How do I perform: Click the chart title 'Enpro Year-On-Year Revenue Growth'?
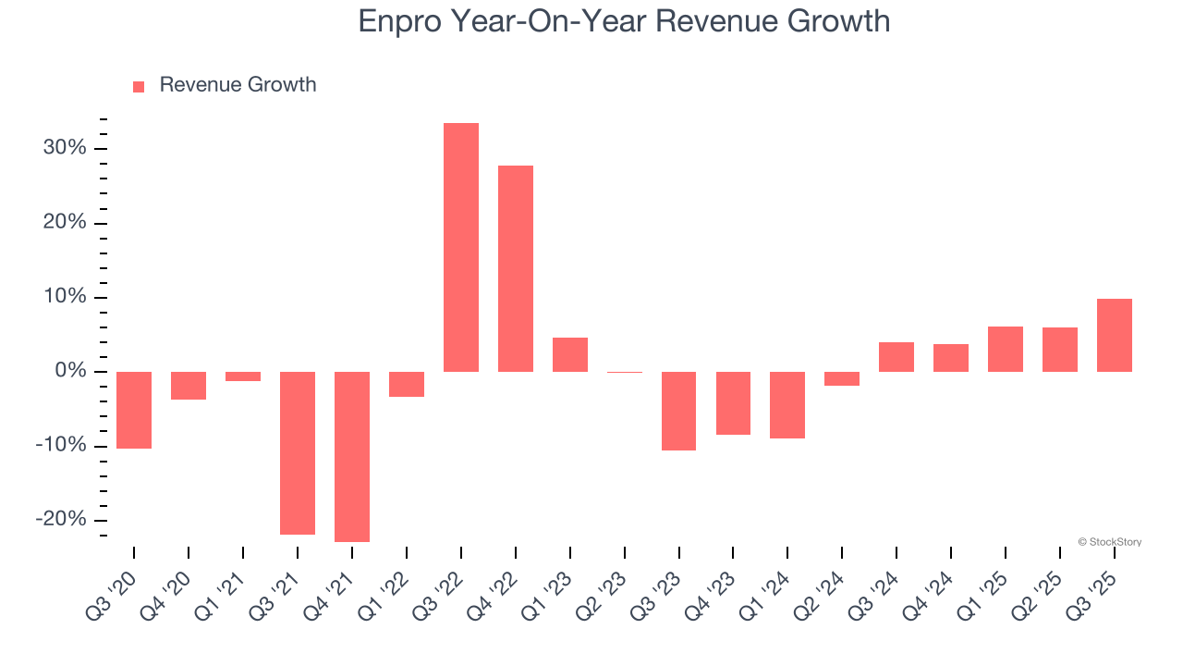point(624,20)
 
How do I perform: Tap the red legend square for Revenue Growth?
point(139,86)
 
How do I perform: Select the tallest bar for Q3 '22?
point(461,247)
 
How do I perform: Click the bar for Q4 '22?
point(516,268)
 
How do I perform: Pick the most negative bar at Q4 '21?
point(352,457)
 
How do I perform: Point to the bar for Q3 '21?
point(298,453)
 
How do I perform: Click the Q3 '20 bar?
point(134,410)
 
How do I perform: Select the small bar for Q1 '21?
point(243,376)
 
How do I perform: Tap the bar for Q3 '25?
point(1114,335)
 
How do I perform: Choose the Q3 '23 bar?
point(679,411)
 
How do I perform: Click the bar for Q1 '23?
point(570,354)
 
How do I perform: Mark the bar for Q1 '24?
point(787,405)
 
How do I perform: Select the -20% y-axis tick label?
point(61,519)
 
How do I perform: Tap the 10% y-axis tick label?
point(65,297)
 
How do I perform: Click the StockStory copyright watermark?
point(1109,542)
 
